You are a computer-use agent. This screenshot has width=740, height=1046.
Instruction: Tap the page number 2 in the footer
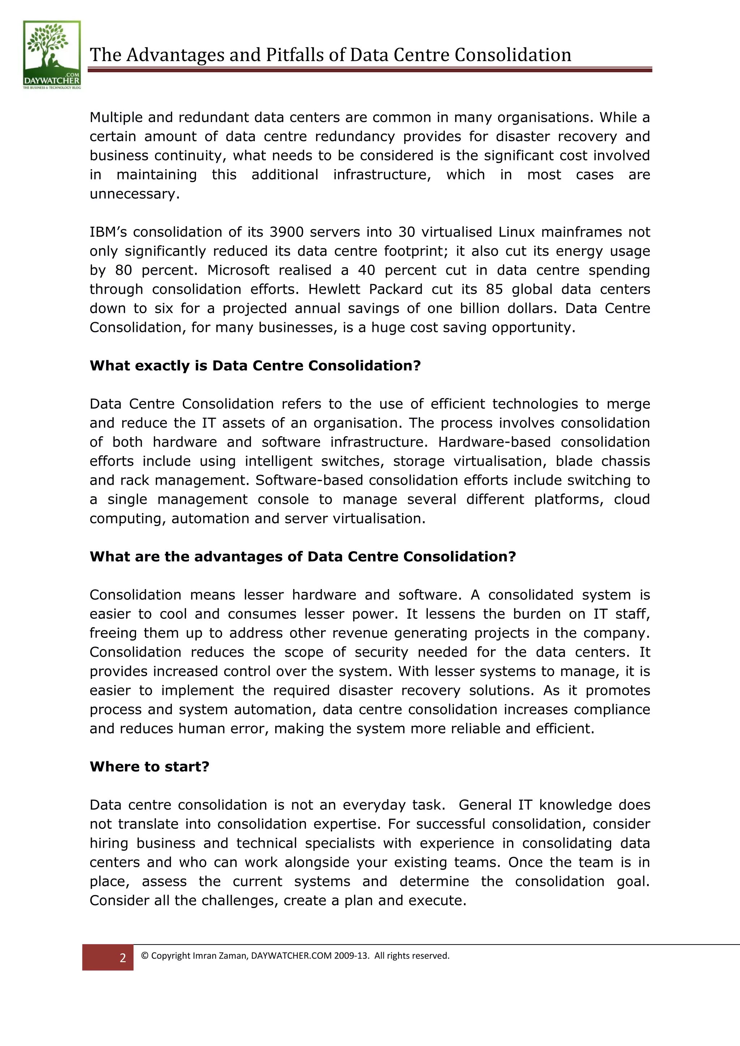click(x=122, y=958)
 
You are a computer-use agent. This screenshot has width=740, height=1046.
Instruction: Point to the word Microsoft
click(x=238, y=270)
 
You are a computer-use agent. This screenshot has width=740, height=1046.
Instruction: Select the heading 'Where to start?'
click(x=150, y=766)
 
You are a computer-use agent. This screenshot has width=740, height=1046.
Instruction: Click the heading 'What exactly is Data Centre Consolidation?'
click(x=255, y=366)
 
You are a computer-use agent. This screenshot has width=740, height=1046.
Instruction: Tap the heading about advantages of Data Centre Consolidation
click(x=302, y=556)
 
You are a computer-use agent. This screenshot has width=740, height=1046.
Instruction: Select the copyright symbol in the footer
click(x=145, y=956)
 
